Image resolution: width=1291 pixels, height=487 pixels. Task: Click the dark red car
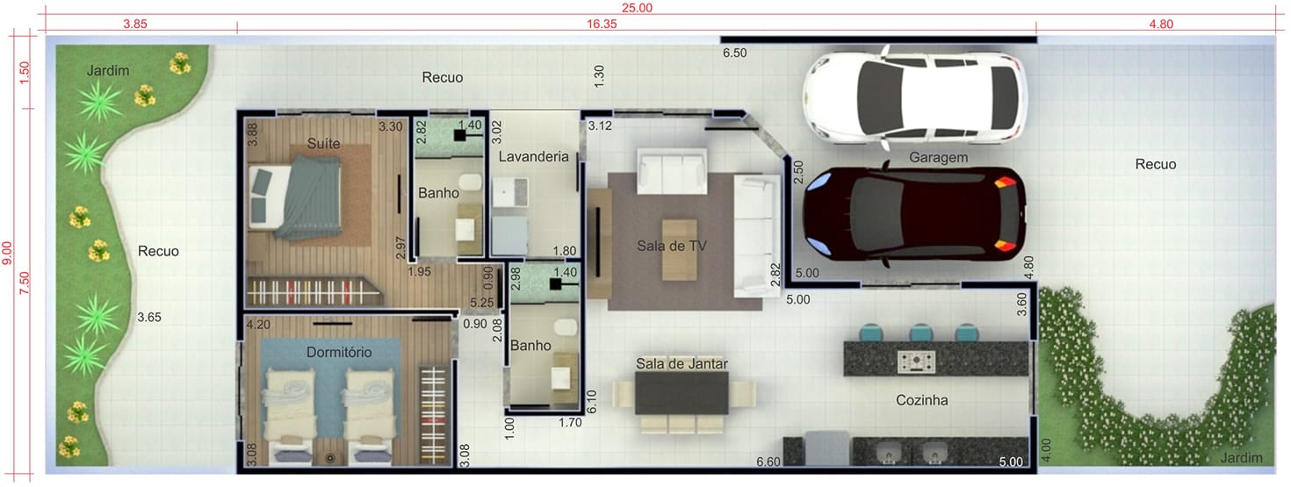point(914,214)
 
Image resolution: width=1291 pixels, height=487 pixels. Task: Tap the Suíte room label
point(323,143)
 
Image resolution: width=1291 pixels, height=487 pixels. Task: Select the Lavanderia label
point(533,156)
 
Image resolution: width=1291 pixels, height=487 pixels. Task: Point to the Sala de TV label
point(672,246)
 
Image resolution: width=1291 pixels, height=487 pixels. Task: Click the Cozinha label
point(921,400)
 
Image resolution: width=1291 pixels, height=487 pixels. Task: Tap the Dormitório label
point(339,352)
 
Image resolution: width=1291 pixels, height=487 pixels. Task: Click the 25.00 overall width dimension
point(637,8)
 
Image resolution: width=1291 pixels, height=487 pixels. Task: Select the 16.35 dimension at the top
point(602,25)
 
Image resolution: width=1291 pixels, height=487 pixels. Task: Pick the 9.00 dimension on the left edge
point(7,253)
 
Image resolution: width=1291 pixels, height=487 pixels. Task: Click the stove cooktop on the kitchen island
point(916,361)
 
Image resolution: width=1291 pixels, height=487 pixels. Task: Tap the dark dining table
point(682,392)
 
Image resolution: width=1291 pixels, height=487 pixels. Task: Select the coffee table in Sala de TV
point(680,249)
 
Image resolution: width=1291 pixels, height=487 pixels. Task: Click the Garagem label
point(938,157)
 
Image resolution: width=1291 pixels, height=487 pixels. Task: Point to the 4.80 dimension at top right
point(1161,25)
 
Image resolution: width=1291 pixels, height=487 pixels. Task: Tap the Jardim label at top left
point(108,71)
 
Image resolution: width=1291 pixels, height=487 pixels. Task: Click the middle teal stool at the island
point(920,333)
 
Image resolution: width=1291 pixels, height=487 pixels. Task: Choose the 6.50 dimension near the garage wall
point(735,53)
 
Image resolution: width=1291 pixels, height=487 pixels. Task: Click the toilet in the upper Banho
point(470,182)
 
